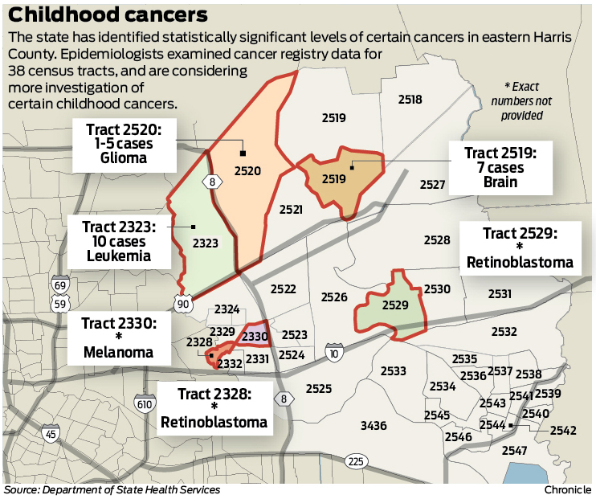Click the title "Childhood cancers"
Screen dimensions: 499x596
108,15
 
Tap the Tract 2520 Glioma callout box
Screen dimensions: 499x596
123,145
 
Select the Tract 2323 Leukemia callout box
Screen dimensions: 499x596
120,241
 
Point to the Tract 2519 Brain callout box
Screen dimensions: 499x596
493,167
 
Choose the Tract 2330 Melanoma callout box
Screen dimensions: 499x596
118,337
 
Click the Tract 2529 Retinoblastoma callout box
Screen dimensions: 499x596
519,247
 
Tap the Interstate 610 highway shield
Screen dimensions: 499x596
145,403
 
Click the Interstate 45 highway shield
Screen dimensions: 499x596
51,435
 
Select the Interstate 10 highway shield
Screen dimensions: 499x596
333,351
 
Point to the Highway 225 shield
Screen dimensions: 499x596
356,461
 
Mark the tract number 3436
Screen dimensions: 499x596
374,425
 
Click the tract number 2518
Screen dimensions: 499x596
410,100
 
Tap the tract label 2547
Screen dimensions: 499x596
514,451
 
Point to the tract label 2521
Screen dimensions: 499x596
291,209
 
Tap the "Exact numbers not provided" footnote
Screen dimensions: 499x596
523,100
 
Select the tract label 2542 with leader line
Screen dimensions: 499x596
563,430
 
